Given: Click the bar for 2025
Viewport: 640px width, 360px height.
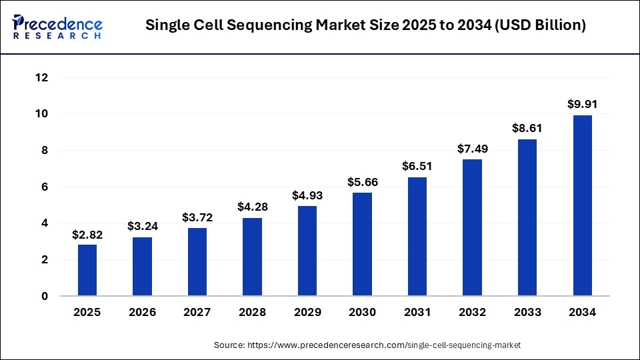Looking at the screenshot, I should click(x=87, y=270).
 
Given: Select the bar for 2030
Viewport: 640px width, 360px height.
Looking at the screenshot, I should click(x=362, y=244).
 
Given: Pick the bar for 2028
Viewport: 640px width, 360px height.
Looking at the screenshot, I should click(x=252, y=257).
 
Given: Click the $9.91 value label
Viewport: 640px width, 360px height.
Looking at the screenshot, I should click(x=582, y=104).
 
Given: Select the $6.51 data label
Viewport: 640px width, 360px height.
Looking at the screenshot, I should click(x=417, y=166).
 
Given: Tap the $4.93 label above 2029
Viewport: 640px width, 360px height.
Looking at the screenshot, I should click(x=307, y=195).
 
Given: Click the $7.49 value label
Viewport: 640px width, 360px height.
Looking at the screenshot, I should click(x=472, y=149).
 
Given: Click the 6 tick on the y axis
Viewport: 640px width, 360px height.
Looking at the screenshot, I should click(x=45, y=187).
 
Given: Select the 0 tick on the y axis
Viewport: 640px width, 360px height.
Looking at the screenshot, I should click(x=45, y=296).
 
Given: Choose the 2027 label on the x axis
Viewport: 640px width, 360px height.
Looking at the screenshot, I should click(x=197, y=312).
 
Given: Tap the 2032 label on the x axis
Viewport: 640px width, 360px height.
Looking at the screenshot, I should click(x=472, y=312).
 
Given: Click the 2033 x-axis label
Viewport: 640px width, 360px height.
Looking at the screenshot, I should click(x=527, y=312).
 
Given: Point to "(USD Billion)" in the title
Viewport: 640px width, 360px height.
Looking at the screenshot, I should click(x=541, y=26).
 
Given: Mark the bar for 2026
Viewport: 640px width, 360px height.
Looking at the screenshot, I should click(x=142, y=266).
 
